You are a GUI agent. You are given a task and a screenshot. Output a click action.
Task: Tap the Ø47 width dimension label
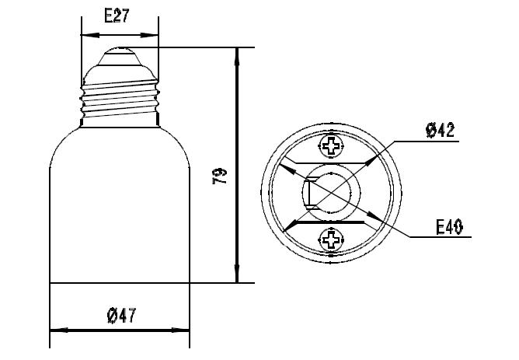[121, 315]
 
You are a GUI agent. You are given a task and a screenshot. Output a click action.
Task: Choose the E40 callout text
[449, 226]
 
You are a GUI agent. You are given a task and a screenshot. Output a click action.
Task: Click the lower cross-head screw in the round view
[333, 239]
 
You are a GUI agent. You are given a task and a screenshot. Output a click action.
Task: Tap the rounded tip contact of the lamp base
[121, 55]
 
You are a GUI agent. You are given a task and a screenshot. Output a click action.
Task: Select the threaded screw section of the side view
[121, 101]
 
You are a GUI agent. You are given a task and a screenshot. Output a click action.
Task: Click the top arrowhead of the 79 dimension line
[237, 53]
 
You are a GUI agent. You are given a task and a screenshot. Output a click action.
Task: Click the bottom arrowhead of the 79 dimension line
[237, 278]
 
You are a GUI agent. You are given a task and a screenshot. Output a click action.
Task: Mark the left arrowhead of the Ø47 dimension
[55, 332]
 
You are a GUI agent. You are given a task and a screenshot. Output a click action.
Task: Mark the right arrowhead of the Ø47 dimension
[186, 332]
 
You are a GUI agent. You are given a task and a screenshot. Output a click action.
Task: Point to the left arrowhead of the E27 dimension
[86, 36]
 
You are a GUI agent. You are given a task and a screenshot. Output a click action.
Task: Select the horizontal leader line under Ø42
[427, 142]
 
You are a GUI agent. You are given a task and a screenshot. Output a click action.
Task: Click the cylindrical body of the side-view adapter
[120, 210]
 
